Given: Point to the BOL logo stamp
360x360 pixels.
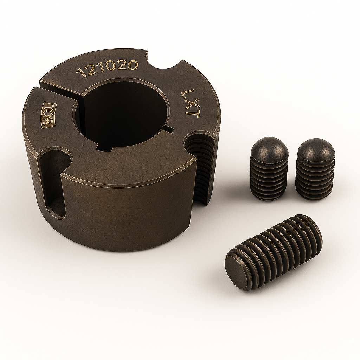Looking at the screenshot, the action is (x=49, y=114).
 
